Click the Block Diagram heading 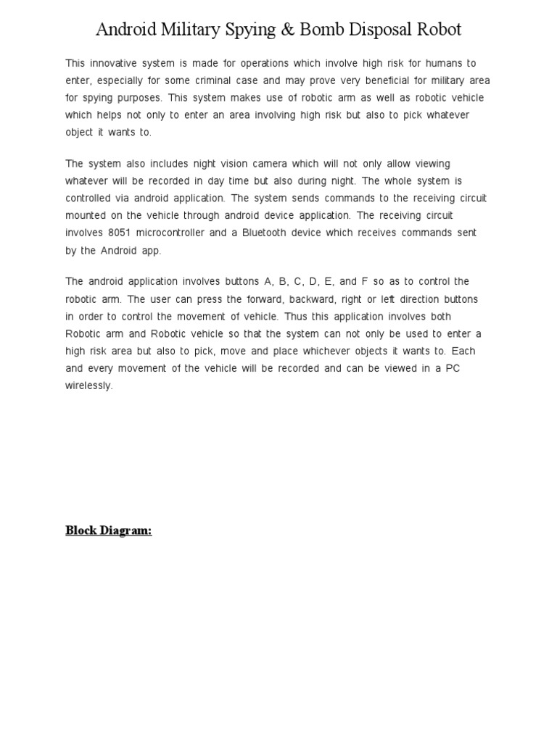coord(109,530)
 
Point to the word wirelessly coord(89,385)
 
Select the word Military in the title coord(189,30)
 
